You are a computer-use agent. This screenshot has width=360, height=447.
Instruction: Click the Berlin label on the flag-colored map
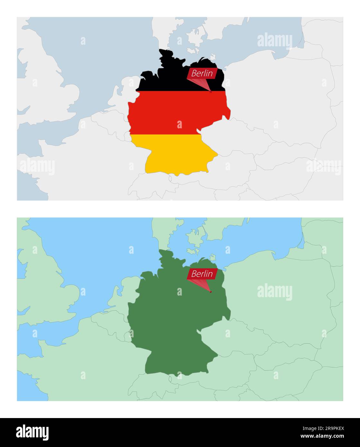(202, 73)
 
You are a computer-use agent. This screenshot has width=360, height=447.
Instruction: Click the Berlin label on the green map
(202, 274)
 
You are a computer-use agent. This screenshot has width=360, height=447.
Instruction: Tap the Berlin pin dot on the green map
(211, 292)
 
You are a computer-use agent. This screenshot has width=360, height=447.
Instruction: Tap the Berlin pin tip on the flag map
(211, 92)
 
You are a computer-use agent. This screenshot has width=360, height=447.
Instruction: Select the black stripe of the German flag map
(167, 77)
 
